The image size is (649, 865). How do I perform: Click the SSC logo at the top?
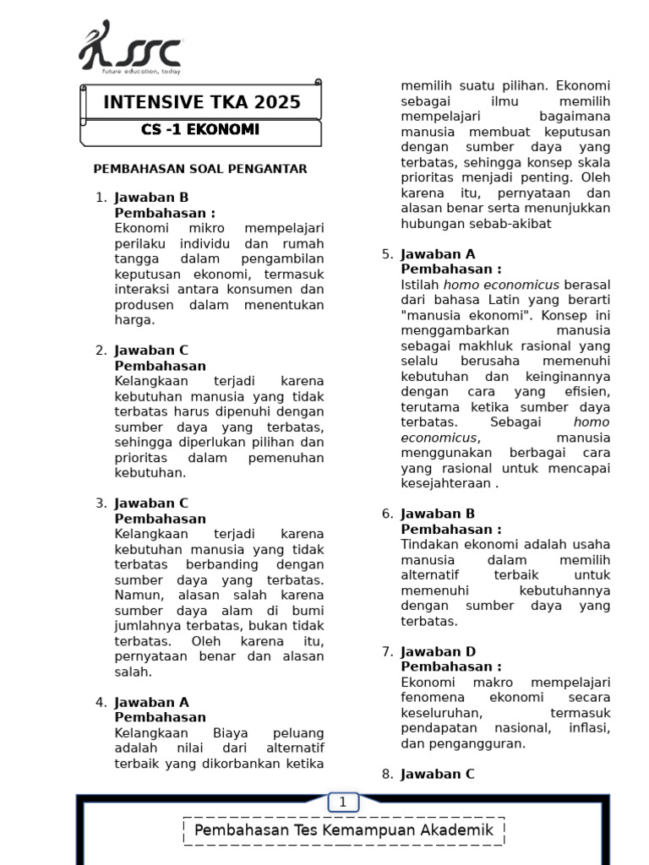[x=130, y=48]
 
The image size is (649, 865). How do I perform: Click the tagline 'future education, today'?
[x=141, y=73]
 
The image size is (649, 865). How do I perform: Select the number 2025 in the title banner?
[x=275, y=103]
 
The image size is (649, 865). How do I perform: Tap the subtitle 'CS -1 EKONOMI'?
[x=200, y=130]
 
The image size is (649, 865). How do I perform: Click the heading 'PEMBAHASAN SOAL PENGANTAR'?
[x=200, y=169]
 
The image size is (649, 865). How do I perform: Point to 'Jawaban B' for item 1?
[x=151, y=198]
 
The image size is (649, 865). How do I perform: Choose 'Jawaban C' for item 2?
[x=151, y=351]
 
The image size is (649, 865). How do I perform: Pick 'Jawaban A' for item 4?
[x=151, y=702]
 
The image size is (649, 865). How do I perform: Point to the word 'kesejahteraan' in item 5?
[x=445, y=484]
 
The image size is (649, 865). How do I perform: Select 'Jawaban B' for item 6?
[x=438, y=514]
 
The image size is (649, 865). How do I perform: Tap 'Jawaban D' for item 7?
[x=438, y=651]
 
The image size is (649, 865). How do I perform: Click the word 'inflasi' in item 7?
[x=589, y=728]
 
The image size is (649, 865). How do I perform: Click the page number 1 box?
[x=343, y=802]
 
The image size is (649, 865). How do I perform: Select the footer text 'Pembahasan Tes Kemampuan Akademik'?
[x=343, y=830]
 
